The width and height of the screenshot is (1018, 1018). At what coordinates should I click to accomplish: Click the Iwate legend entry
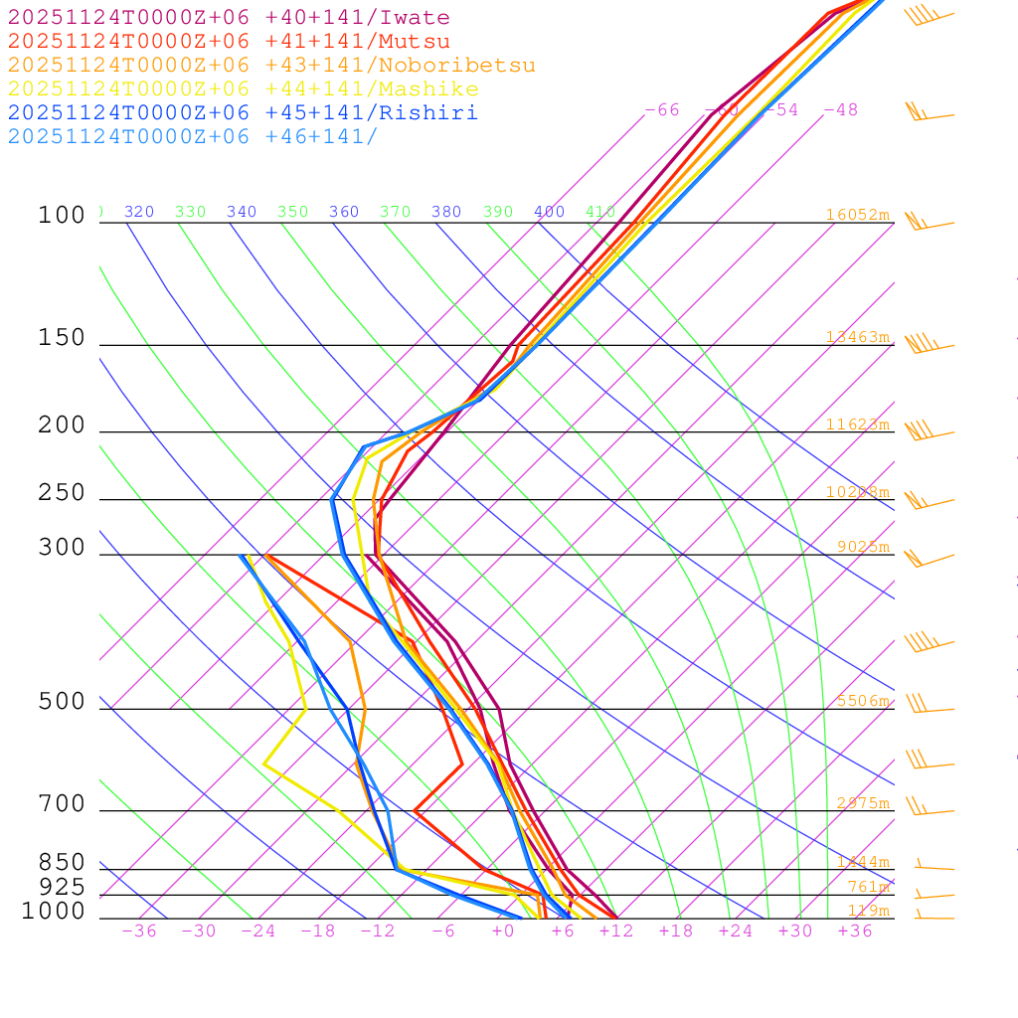point(229,18)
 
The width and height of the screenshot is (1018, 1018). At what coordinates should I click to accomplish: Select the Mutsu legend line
point(229,42)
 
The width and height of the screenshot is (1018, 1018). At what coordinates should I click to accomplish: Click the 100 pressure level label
point(62,215)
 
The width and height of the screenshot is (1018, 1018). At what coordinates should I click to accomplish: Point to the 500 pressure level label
point(62,702)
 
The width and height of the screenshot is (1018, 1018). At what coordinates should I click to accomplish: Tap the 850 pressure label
point(62,863)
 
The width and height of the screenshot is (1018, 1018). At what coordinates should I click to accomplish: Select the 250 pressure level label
point(62,493)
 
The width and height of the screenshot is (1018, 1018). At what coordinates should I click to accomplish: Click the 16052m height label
point(857,215)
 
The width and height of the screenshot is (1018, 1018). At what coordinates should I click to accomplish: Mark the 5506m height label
point(862,701)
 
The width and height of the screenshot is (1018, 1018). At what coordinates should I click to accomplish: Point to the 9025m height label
point(862,547)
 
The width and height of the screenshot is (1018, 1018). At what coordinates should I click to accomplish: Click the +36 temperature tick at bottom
point(855,931)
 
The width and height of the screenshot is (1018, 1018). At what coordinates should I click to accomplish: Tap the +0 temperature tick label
point(503,931)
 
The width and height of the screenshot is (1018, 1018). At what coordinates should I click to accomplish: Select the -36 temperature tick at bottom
point(139,931)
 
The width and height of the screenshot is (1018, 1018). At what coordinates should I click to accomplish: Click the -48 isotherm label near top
point(840,110)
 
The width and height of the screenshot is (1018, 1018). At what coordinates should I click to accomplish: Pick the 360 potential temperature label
point(344,212)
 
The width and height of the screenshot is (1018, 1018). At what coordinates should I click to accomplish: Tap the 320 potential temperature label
point(139,212)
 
